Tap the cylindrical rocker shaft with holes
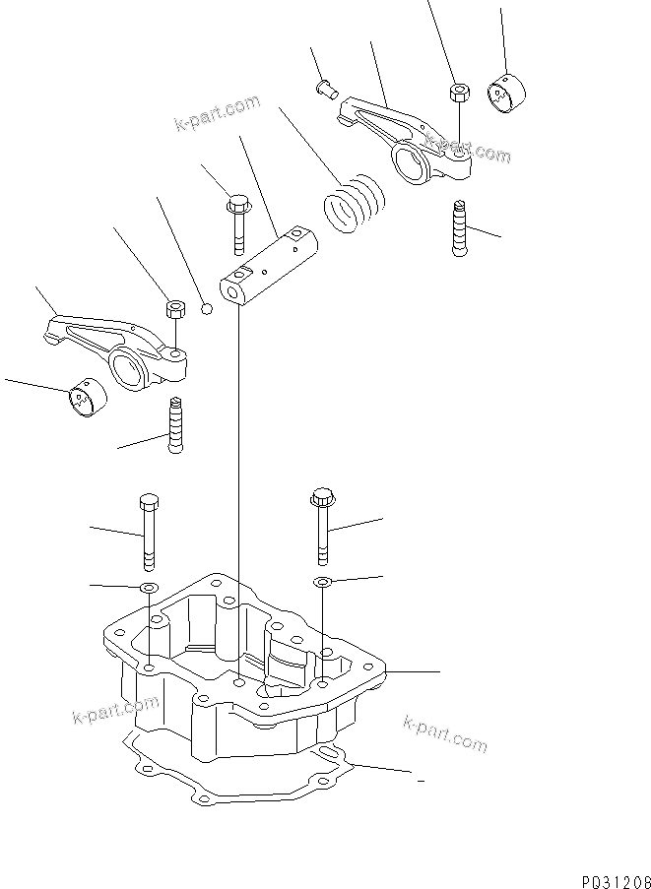coord(269,266)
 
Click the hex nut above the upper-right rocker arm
coord(457,94)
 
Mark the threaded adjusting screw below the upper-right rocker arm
coord(459,227)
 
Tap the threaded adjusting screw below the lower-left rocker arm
coord(176,423)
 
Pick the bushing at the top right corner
coord(508,95)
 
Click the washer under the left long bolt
coord(148,588)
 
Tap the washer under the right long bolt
coord(321,583)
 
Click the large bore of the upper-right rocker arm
coord(413,159)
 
